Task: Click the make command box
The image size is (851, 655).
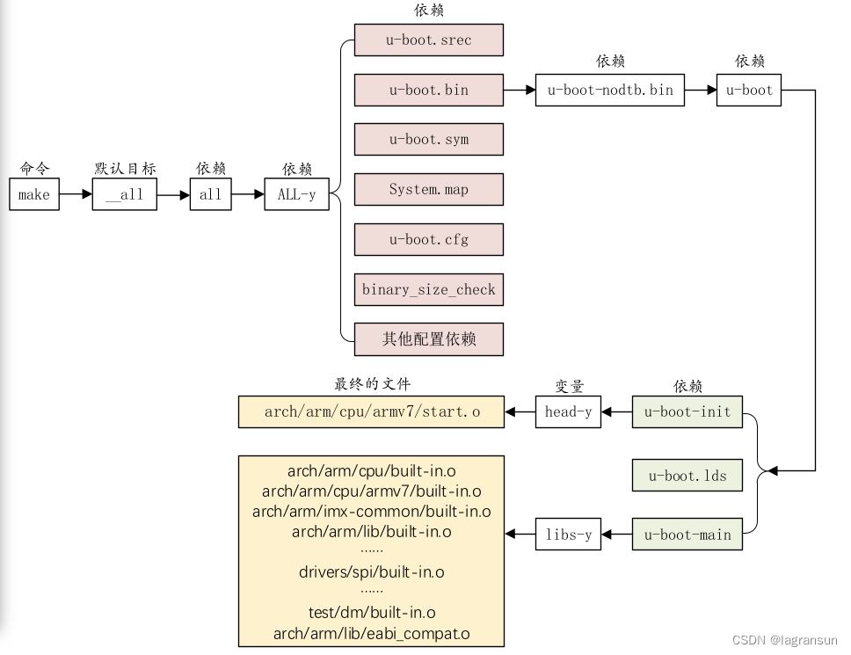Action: click(34, 195)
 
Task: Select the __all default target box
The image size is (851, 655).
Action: click(124, 195)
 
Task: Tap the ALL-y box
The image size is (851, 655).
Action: click(296, 195)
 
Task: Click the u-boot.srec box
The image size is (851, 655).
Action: click(429, 40)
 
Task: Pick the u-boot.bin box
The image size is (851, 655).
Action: click(429, 90)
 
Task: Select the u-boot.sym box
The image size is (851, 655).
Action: click(429, 140)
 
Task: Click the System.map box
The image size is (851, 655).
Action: click(429, 190)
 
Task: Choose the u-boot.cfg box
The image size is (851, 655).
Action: click(429, 240)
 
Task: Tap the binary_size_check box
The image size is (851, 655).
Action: click(429, 289)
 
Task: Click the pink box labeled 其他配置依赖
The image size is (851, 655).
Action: click(429, 339)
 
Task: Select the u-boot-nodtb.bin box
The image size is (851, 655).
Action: click(610, 90)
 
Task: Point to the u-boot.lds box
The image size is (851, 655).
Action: click(687, 476)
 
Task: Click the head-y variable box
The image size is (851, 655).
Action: click(568, 411)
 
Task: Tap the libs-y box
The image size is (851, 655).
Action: click(568, 535)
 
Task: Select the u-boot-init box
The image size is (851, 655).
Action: click(687, 411)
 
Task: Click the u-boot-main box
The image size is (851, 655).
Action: click(687, 535)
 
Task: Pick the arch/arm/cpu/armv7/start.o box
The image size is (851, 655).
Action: click(372, 411)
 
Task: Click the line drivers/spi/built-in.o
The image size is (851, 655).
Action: click(372, 572)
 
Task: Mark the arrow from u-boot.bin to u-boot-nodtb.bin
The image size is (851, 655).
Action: click(520, 90)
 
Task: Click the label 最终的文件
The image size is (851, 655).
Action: click(372, 384)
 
